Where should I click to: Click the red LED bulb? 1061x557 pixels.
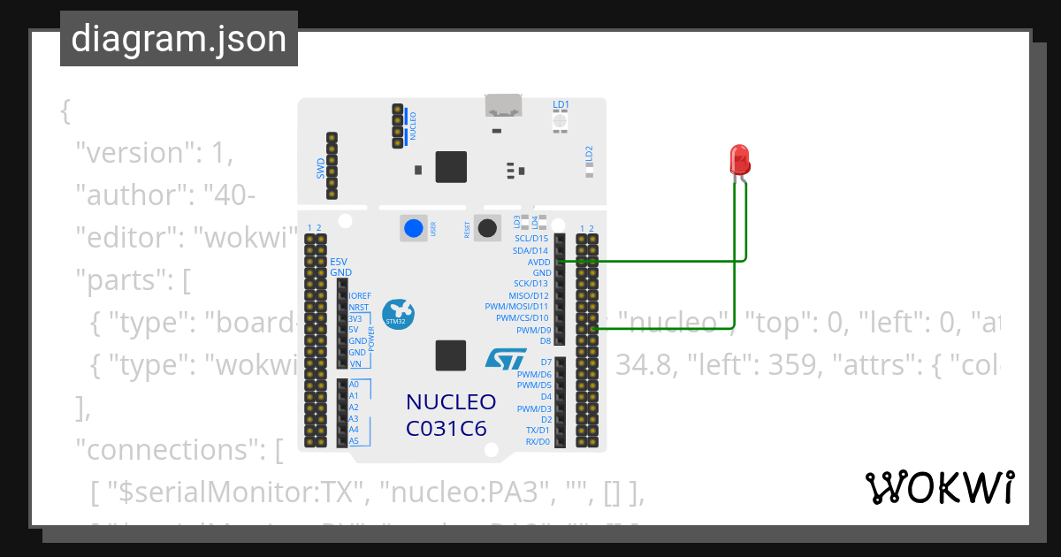tap(739, 160)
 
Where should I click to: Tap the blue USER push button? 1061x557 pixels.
tap(412, 228)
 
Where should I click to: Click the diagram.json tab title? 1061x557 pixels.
tap(179, 40)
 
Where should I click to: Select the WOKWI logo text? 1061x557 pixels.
tap(939, 488)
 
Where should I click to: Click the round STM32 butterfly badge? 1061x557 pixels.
tap(397, 313)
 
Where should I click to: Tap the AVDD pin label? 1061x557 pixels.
tap(538, 263)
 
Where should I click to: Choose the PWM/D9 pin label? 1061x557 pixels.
tap(533, 330)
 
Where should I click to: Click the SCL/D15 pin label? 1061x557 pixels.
tap(531, 239)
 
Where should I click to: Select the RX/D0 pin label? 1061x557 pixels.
tap(537, 441)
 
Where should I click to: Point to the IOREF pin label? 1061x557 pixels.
tap(360, 295)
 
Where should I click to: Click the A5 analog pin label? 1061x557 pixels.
tap(354, 440)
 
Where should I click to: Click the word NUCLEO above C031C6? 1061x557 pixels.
tap(450, 402)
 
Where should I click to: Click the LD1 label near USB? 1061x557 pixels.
tap(561, 104)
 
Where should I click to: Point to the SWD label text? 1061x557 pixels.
tap(320, 168)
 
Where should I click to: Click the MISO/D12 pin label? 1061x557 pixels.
tap(529, 296)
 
